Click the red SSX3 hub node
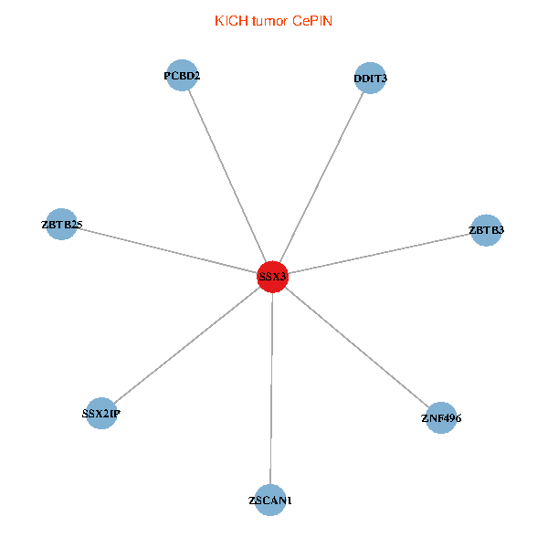pos(272,276)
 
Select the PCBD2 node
pos(183,77)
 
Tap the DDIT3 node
pos(370,79)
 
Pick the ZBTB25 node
pos(62,224)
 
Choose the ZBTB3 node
pos(486,230)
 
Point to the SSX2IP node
pos(100,414)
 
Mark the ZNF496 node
pos(441,418)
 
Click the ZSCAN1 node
pos(270,501)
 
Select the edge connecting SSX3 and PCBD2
pos(227,176)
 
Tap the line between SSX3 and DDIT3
pos(321,177)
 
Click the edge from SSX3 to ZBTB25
pos(167,250)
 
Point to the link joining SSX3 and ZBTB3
pos(379,253)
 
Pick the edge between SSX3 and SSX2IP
pos(186,345)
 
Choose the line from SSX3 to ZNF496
pos(356,347)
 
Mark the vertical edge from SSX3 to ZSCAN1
pos(271,388)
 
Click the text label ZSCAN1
pos(270,501)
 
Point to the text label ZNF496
pos(441,419)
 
